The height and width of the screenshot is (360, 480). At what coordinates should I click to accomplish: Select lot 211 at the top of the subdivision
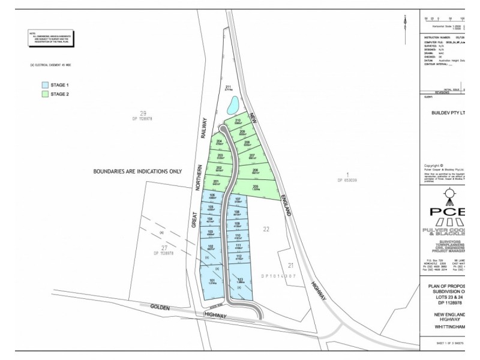pos(228,89)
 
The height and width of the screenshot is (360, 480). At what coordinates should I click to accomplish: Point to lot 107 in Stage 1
pos(238,201)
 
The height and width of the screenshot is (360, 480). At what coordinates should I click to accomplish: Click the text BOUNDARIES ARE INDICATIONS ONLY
pos(137,172)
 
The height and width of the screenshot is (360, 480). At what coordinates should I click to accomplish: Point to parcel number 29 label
pos(143,113)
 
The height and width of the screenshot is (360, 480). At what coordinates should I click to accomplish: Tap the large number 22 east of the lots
pos(266,229)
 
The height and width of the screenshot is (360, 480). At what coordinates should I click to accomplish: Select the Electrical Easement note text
pos(51,65)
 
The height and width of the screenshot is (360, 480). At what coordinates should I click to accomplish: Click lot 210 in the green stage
pos(238,122)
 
